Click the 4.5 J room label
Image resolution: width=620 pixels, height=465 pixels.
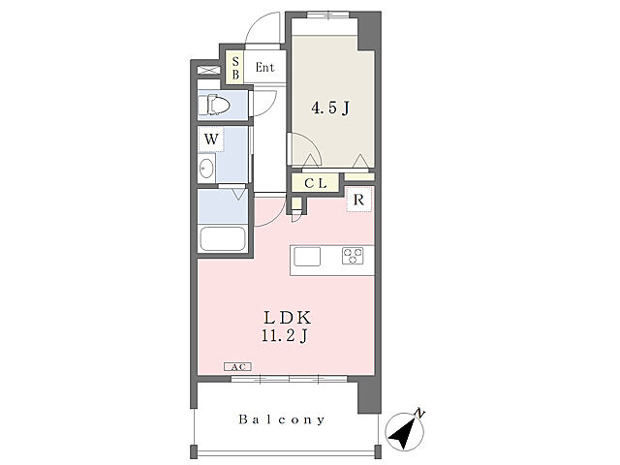coord(330,108)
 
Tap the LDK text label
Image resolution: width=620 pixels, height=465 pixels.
coord(287,317)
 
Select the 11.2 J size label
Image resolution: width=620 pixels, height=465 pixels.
coord(284,336)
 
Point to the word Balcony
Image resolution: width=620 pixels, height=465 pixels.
coord(282,419)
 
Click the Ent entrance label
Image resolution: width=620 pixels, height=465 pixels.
coord(264,67)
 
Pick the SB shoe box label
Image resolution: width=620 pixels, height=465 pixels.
coord(235,68)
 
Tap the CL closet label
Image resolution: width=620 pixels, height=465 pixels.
coord(316,183)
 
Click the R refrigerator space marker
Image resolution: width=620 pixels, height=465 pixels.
coord(358,200)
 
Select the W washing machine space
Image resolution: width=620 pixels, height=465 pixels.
coord(211,139)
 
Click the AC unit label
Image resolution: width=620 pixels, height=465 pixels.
coord(237,367)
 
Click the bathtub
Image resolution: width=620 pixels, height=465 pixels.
coord(223,238)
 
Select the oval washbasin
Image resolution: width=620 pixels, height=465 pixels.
coord(205,169)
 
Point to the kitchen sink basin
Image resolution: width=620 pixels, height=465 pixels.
coord(307,257)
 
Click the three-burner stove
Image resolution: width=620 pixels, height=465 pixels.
coord(353,256)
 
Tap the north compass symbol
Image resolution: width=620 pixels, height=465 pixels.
coord(404,431)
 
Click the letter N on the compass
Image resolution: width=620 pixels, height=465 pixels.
coord(419,414)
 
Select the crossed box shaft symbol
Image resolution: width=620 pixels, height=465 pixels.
coord(208,71)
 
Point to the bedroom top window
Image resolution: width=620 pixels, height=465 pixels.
coord(328,15)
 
